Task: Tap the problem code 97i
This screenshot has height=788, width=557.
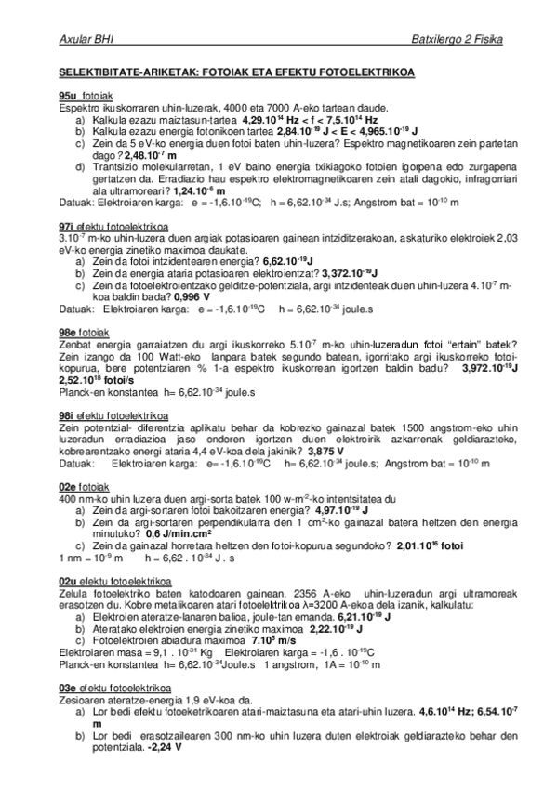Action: tap(66, 226)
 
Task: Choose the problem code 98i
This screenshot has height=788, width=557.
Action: tap(66, 414)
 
